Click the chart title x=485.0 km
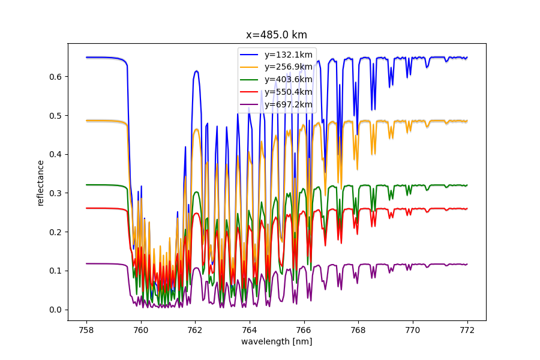[277, 35]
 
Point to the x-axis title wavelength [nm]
[277, 341]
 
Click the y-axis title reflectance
[41, 182]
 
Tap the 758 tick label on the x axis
[86, 329]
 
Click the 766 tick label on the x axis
[304, 329]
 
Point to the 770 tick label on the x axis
[413, 329]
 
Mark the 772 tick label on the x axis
[467, 329]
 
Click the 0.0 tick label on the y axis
[55, 310]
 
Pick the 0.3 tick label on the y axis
[55, 193]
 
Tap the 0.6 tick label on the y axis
[55, 77]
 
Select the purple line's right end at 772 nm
[467, 264]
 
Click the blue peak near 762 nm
[196, 71]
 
